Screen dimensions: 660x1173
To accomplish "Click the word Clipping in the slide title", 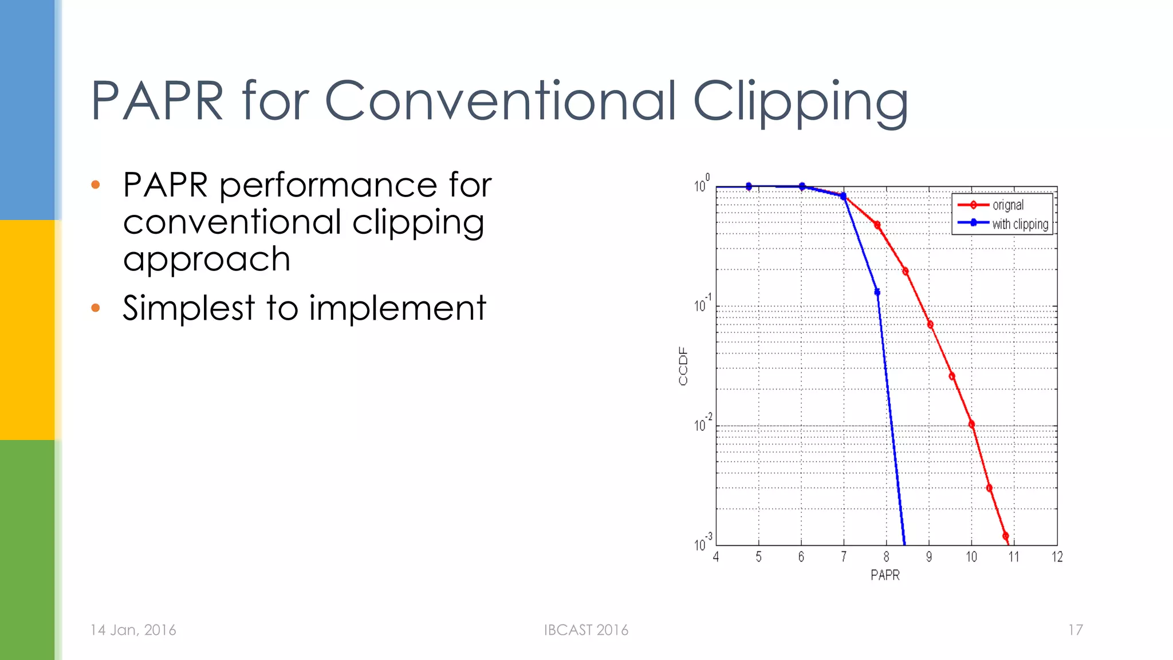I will tap(800, 102).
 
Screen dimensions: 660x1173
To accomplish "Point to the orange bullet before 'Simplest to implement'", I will tap(96, 308).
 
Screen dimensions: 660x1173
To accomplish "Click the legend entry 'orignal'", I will tap(1007, 205).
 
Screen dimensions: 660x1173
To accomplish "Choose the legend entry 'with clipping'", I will tap(1020, 224).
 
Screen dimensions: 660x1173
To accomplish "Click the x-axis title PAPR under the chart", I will tap(885, 575).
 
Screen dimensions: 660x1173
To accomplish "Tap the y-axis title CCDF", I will tap(683, 366).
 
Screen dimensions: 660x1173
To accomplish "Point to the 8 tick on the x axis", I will tap(886, 557).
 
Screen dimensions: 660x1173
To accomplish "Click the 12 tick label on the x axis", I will tap(1057, 557).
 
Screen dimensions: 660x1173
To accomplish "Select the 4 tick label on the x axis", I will tap(716, 557).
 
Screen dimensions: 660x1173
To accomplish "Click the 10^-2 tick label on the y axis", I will tap(703, 424).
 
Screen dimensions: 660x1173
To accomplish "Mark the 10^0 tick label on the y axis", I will tap(702, 184).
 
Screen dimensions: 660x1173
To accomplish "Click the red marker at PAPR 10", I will tap(971, 425).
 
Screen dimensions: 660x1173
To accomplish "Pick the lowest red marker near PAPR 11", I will tap(1006, 536).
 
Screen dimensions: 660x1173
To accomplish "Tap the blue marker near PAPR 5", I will tap(749, 186).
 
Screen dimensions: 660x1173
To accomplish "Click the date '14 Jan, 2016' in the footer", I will tap(133, 630).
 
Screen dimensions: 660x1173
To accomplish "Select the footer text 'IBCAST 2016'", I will tap(586, 630).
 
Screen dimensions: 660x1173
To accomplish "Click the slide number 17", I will tap(1075, 630).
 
